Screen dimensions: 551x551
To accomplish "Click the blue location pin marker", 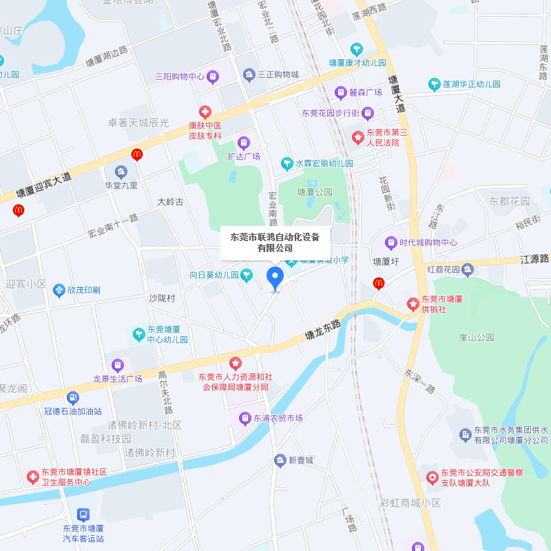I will tap(275, 279).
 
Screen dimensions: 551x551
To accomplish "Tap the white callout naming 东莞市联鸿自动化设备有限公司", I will tap(275, 242).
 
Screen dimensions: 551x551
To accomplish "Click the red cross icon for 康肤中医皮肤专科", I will tap(205, 112).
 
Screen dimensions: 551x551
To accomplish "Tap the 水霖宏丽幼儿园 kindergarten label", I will tap(324, 163).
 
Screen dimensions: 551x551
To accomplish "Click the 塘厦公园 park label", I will tap(315, 191).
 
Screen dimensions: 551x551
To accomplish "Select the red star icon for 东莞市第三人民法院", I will tap(357, 137).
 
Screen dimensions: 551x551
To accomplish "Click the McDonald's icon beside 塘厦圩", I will tap(378, 283).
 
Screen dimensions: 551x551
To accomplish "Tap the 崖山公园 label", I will tap(477, 337).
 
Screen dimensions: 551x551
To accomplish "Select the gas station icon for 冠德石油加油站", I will tap(73, 397).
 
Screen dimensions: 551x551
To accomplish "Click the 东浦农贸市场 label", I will tap(278, 418).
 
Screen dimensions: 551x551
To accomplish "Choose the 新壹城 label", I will tap(300, 460).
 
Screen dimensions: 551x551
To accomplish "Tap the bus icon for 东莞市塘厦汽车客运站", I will tap(83, 514).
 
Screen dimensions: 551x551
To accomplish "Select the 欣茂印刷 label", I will tap(83, 290).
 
